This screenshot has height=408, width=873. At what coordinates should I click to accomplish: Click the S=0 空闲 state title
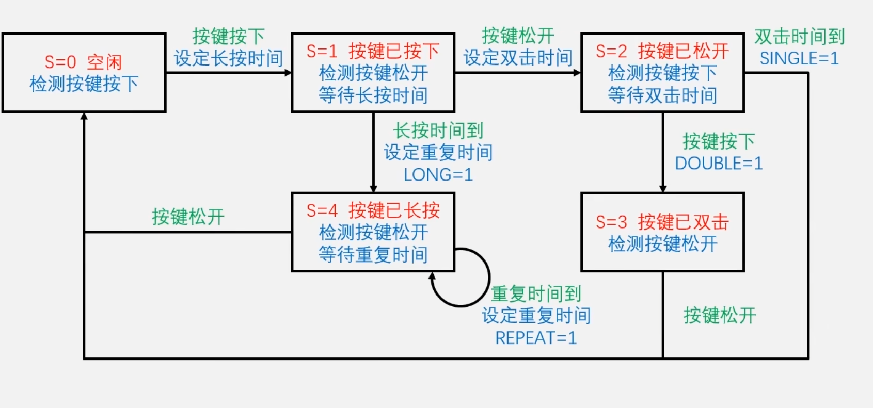[84, 62]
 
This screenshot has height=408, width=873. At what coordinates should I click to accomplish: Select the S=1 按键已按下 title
[373, 51]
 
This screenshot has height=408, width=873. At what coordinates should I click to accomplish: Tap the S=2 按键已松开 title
[662, 51]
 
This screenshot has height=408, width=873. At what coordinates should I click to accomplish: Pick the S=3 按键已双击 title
[662, 222]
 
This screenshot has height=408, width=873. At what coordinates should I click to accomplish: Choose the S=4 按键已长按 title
[373, 210]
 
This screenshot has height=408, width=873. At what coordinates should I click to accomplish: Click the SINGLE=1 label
[799, 58]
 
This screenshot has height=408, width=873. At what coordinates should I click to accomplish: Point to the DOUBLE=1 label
[719, 164]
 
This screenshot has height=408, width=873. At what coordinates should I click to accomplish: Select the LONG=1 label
[438, 175]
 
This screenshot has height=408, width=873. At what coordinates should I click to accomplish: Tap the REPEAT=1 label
[536, 338]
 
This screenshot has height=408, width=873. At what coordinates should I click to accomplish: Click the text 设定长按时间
[228, 58]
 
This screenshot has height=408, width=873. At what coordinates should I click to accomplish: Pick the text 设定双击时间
[518, 58]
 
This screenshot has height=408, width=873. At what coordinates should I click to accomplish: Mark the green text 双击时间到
[799, 37]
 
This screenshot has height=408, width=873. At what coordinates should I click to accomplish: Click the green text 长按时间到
[438, 130]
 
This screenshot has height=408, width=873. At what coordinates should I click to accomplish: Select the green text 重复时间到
[536, 294]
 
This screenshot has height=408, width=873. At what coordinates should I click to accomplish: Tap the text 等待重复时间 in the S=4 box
[373, 254]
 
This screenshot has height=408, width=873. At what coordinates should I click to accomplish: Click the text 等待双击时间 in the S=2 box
[662, 95]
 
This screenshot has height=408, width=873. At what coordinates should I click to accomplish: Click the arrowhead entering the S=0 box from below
[84, 117]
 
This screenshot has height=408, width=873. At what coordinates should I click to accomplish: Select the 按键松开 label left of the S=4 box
[188, 217]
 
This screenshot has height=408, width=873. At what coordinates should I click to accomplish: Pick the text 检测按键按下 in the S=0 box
[84, 84]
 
